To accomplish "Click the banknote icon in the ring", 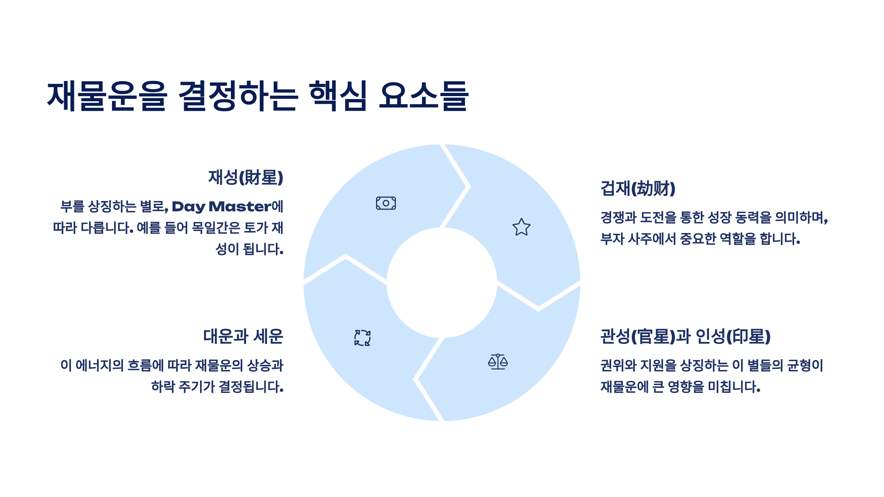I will click(386, 203).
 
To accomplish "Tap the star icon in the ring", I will click(522, 227).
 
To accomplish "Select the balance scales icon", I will click(498, 362).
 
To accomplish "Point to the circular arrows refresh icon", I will click(362, 338).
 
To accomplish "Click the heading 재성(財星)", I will click(246, 177).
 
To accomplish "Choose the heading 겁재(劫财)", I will click(638, 188).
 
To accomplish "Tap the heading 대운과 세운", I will click(243, 336).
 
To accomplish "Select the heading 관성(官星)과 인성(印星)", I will click(685, 336).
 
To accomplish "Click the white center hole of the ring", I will click(442, 283).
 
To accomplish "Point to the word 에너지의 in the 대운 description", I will click(99, 365).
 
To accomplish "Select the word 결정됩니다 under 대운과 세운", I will click(251, 387).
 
